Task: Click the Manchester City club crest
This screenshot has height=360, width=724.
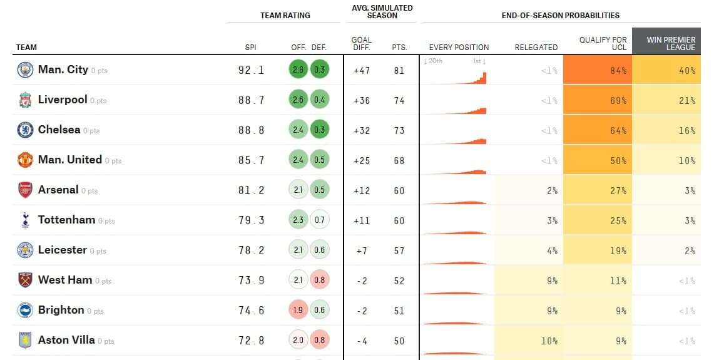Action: pos(25,70)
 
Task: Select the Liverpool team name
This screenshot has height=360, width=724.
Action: pos(63,100)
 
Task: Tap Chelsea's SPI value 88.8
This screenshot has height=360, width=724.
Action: pos(252,130)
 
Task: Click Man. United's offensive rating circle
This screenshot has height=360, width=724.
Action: pos(298,160)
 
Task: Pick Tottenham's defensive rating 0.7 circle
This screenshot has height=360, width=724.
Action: pos(319,220)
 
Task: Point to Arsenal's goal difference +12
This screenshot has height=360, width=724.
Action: pos(362,190)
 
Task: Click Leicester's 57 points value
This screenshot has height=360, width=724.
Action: pos(399,250)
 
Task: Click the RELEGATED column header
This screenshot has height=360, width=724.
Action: pos(536,47)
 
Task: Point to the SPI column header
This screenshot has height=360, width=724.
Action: pos(250,47)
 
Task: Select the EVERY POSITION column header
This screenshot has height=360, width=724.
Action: pos(459,47)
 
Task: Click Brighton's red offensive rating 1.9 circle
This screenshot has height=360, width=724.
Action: pos(298,311)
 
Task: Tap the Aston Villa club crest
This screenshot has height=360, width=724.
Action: pos(25,341)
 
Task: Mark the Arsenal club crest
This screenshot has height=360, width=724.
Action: pos(25,190)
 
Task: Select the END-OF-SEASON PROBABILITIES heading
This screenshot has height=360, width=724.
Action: pos(560,15)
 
